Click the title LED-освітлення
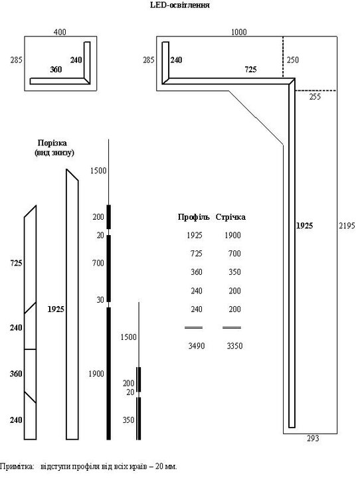(x=180, y=5)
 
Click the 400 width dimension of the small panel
(x=60, y=32)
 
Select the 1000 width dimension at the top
(x=238, y=32)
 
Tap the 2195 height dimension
(x=347, y=226)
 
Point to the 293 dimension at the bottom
(x=313, y=439)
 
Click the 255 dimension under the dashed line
(x=315, y=96)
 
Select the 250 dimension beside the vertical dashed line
(x=293, y=60)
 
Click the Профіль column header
(x=194, y=217)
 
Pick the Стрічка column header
(x=230, y=217)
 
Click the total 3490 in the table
(x=197, y=346)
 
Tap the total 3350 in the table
(x=235, y=346)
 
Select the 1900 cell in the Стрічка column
(x=233, y=235)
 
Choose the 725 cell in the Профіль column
(x=197, y=254)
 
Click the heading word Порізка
(x=52, y=143)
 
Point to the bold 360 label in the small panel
(x=56, y=70)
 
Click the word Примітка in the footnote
(x=17, y=467)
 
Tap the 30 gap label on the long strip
(x=100, y=300)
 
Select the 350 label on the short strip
(x=129, y=420)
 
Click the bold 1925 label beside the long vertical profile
(x=304, y=226)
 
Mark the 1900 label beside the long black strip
(x=96, y=374)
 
